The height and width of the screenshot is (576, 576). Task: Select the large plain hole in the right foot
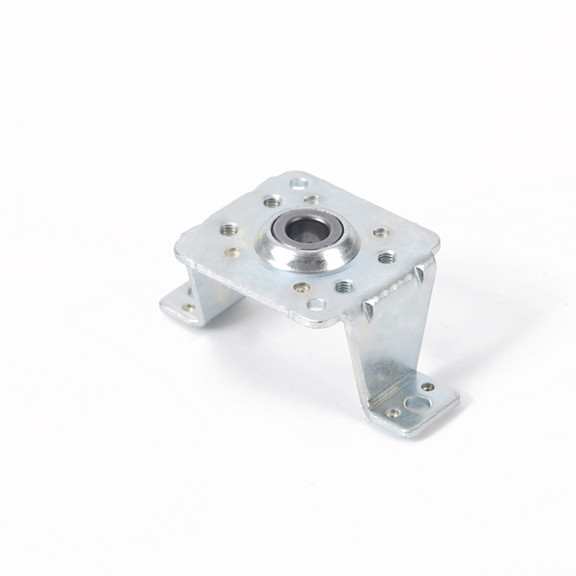click(x=416, y=402)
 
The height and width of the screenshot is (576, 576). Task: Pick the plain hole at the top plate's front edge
click(x=315, y=305)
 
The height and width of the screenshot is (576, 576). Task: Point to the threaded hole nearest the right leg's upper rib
click(x=386, y=256)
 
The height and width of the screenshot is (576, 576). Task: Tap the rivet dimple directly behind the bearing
click(x=312, y=199)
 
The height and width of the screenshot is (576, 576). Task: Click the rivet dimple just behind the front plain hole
click(x=302, y=287)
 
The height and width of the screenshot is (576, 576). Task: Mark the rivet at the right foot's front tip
click(x=392, y=413)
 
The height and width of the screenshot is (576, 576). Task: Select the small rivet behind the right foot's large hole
click(x=428, y=387)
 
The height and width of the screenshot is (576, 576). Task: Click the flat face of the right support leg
click(x=385, y=346)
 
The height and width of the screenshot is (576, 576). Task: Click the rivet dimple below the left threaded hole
click(x=233, y=252)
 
